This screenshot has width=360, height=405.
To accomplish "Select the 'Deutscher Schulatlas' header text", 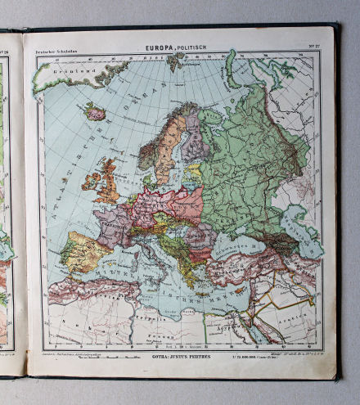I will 54,53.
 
